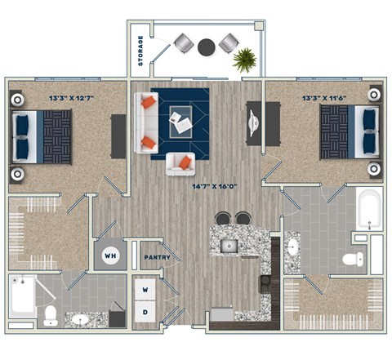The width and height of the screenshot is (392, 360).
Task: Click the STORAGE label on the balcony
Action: coord(140,51)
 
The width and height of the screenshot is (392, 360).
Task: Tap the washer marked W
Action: coord(146,290)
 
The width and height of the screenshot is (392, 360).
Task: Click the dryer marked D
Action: coord(146,311)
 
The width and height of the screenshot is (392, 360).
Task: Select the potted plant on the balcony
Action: coord(244,59)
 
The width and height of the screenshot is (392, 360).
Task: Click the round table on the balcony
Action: coord(207,47)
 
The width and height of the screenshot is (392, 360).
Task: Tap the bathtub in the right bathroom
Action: coord(369,209)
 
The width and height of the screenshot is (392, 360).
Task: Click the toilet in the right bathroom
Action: coord(352,260)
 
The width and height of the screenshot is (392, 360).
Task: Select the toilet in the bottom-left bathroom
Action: coord(50,316)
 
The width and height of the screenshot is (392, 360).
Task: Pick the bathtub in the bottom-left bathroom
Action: coord(22,296)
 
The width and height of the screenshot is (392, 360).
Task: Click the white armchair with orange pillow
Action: coord(180,163)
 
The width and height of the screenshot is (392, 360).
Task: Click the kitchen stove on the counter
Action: coord(265,284)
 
